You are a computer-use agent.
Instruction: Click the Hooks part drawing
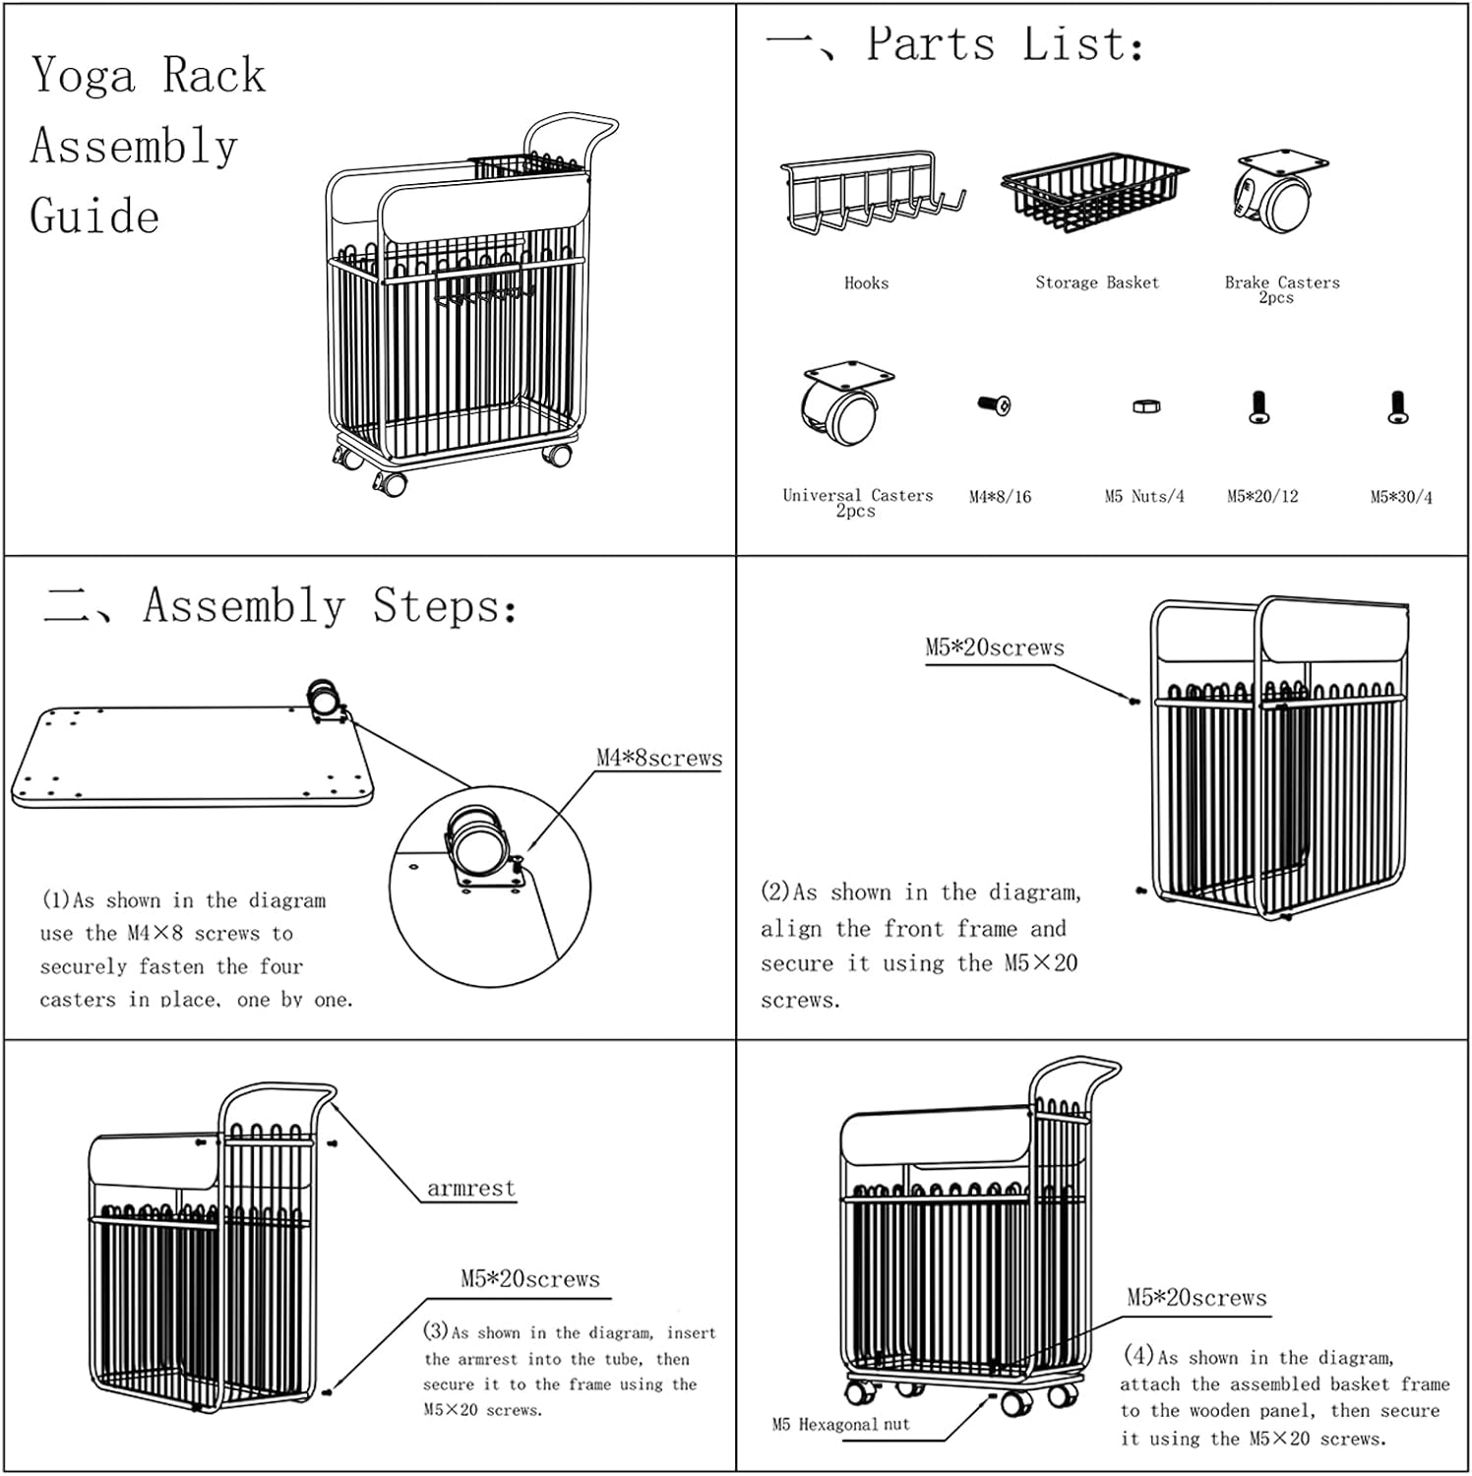870,197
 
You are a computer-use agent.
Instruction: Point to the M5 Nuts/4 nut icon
1145,405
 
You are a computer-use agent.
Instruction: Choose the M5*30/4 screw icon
1398,407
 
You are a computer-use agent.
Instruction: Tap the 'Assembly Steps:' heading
330,605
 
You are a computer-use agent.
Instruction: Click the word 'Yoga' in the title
83,76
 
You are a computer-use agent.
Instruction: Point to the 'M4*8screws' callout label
658,758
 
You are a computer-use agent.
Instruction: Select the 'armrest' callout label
470,1188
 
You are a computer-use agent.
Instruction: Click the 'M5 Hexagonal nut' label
840,1424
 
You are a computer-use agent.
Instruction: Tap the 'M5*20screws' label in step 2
994,647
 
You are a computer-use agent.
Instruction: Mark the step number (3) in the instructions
436,1331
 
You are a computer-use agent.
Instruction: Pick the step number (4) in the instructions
1138,1355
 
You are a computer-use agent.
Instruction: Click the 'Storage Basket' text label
1096,282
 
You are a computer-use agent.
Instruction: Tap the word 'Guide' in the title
94,216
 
